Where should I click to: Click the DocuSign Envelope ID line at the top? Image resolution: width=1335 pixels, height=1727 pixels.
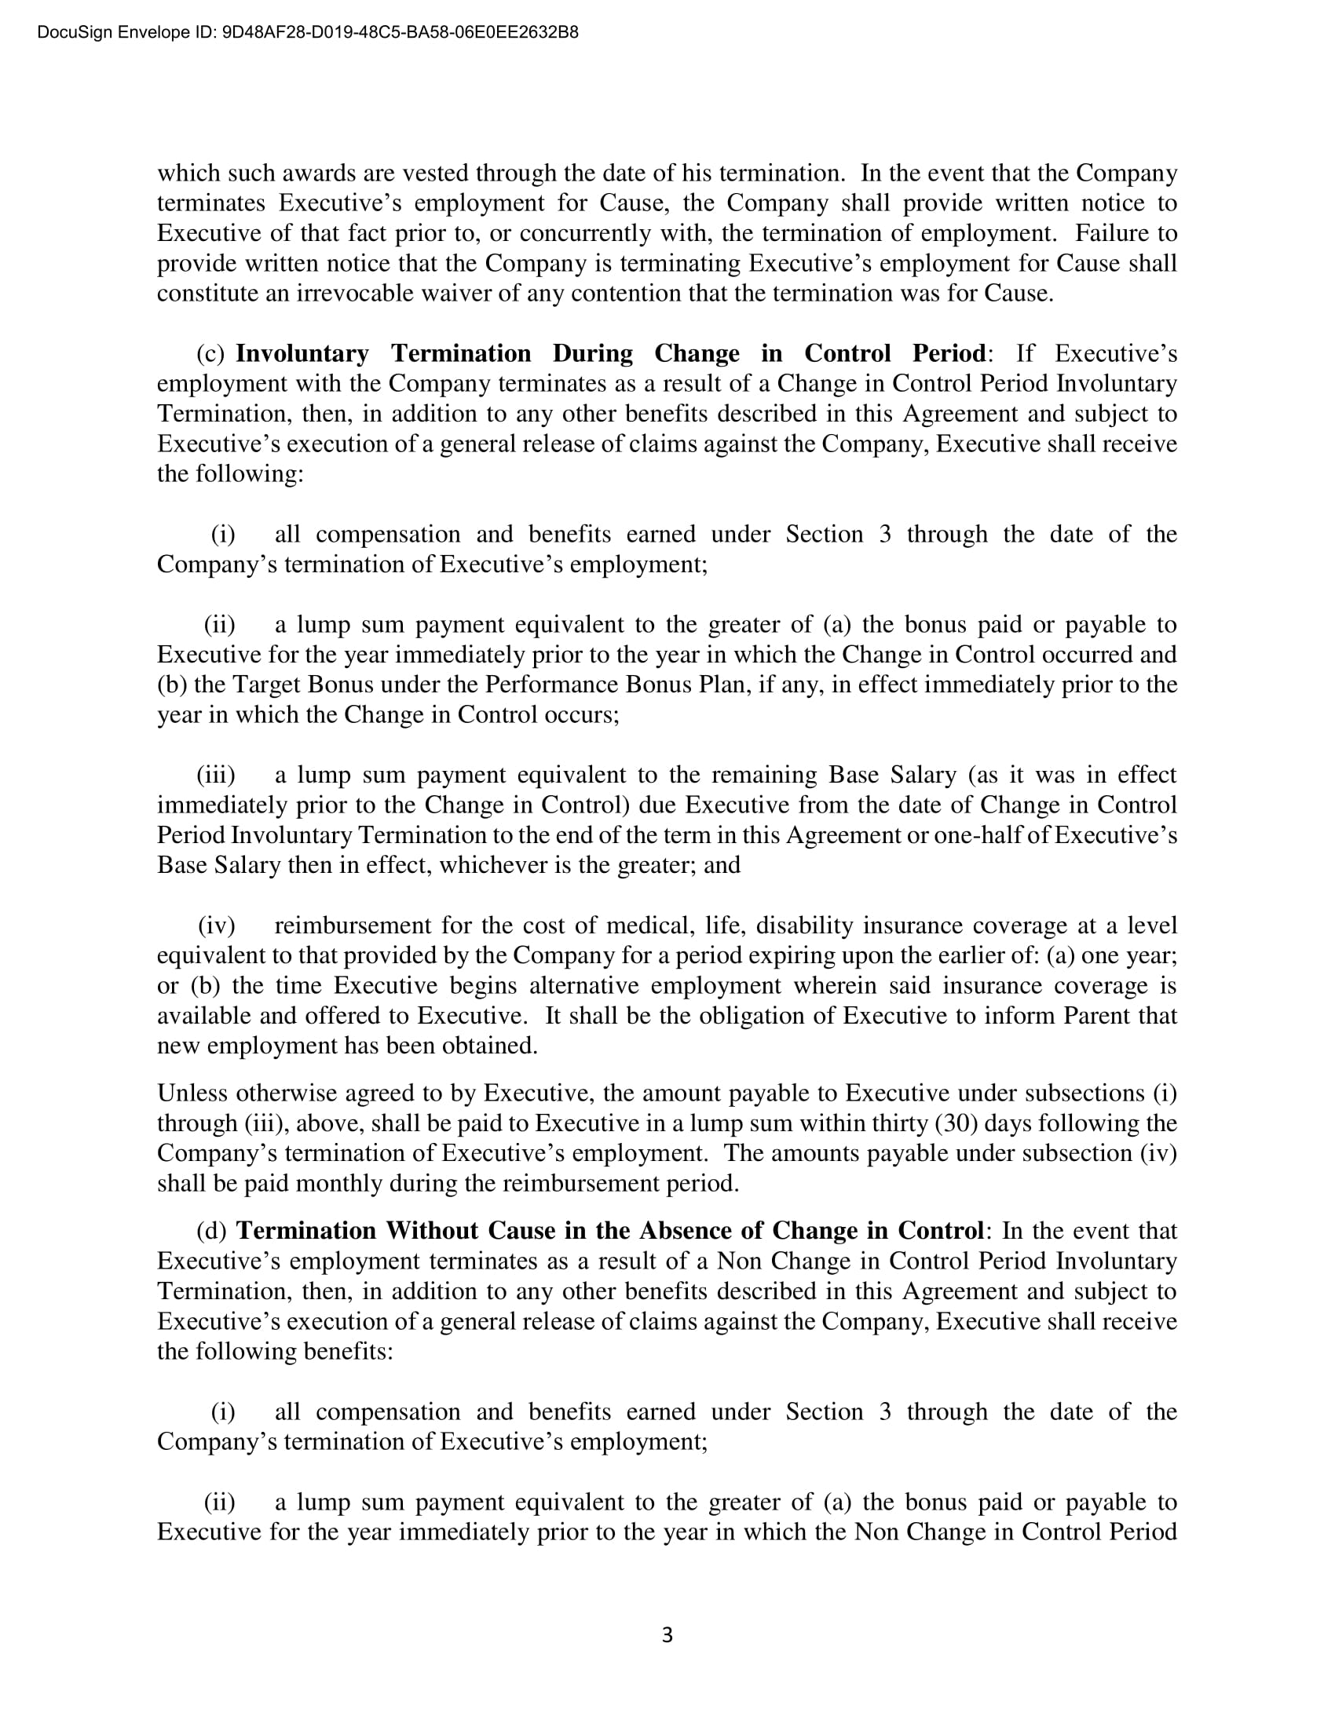coord(308,32)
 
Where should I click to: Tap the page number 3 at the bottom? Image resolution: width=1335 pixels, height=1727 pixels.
coord(667,1634)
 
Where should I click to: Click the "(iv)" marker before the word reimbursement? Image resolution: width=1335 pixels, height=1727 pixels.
coord(216,926)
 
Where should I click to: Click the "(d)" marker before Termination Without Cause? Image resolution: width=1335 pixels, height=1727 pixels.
coord(211,1231)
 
